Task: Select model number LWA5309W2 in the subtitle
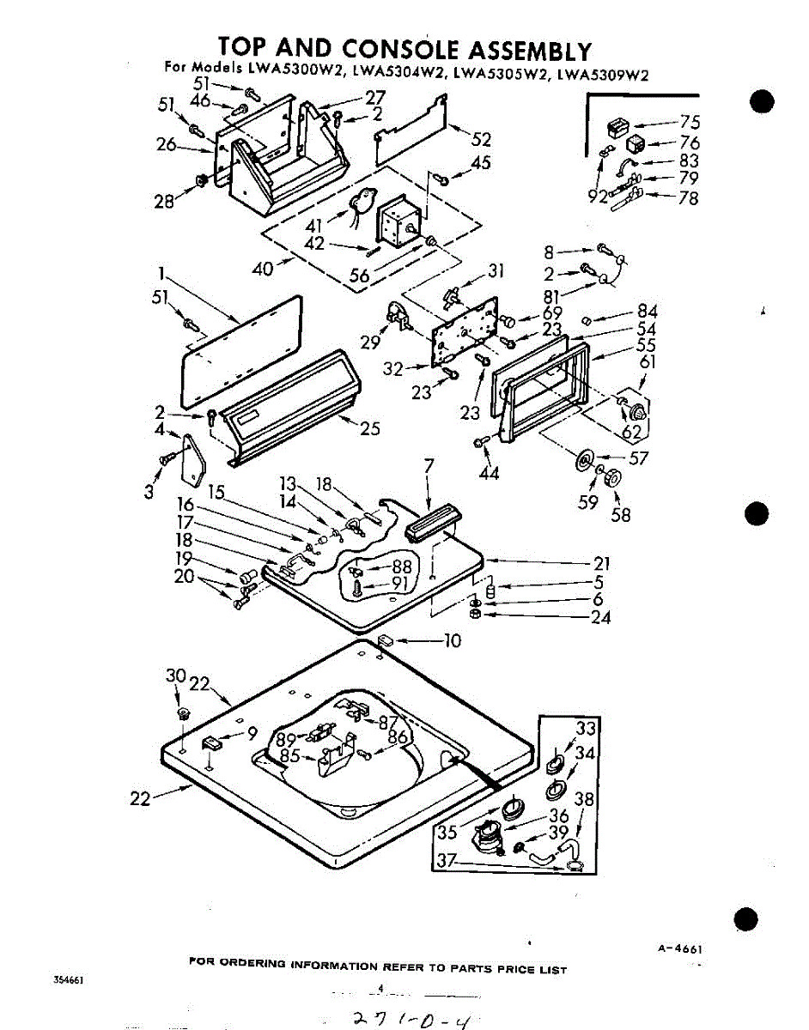(x=603, y=73)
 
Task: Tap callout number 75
(x=690, y=122)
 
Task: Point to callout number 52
(x=481, y=140)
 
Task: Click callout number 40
(x=264, y=270)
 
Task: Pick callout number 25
(x=370, y=427)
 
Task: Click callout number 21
(x=601, y=563)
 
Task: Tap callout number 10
(x=453, y=640)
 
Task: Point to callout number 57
(x=638, y=459)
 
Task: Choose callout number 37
(x=445, y=862)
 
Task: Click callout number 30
(x=175, y=676)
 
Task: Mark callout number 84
(x=647, y=312)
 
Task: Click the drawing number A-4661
(x=680, y=948)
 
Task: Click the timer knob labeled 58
(x=613, y=478)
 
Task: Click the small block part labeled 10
(x=386, y=639)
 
